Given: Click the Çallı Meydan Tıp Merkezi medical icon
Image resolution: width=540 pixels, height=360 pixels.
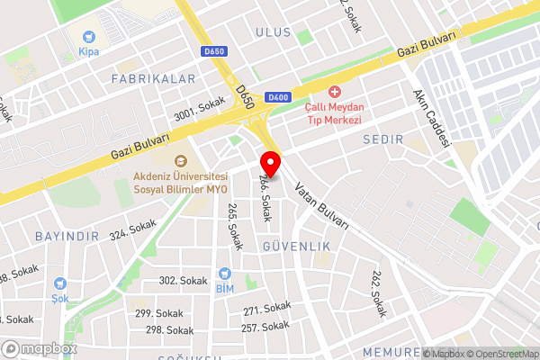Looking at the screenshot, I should pos(335,92).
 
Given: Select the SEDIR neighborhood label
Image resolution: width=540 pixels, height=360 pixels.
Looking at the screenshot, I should pos(383,139).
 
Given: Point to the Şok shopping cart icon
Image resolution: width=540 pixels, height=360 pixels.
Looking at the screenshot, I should pos(59,283).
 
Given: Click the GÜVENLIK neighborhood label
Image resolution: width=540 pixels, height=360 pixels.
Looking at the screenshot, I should pos(296,246).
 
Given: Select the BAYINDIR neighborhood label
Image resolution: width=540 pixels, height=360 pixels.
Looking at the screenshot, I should pos(66,236).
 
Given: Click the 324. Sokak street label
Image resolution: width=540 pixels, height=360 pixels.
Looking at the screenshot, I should pos(132,229).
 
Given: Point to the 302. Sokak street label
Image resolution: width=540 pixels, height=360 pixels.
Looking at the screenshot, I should pos(183,281).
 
